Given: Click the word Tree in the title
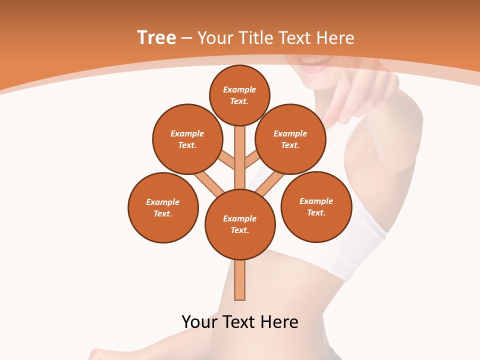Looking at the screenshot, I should pos(156,38).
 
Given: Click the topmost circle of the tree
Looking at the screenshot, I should pos(239,95).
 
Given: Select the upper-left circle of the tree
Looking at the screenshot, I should pos(187,139).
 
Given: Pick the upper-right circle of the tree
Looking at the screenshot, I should pos(290,139).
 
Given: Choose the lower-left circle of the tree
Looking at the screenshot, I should pos(163,207).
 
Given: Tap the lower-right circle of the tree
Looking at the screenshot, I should pos(316,206).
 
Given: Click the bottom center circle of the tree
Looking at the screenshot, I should pos(240,224).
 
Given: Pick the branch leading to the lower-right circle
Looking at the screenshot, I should pos(270,184).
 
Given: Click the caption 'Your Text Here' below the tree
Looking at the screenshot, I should pos(240,322).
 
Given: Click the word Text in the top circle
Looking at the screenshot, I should pos(239,101).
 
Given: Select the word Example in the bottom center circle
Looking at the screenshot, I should pos(239,218).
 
